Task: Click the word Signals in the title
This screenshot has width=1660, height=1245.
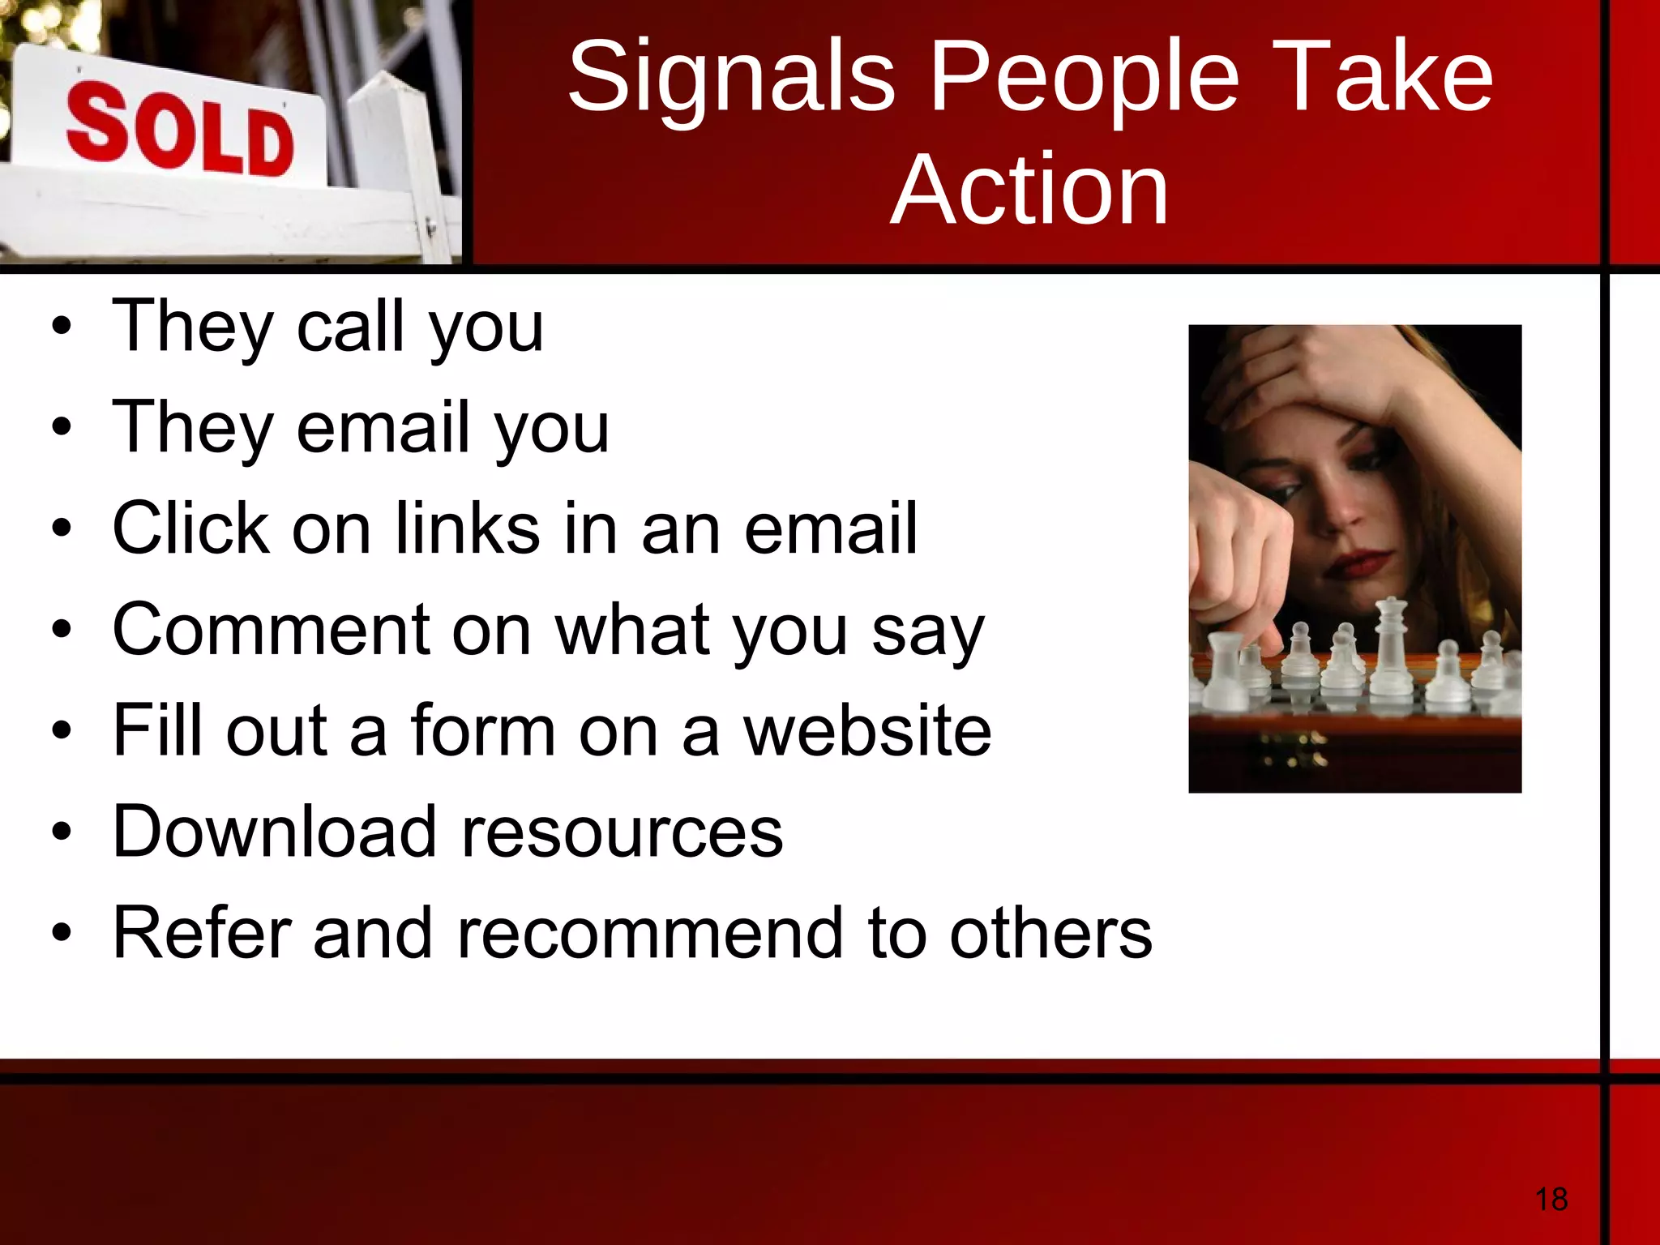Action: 731,78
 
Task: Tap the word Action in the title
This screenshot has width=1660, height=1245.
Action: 1029,190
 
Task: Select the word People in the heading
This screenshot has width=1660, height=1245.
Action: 1084,78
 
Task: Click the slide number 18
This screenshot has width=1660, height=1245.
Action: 1551,1199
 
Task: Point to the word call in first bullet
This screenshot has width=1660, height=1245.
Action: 350,326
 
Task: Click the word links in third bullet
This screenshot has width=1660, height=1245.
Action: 468,528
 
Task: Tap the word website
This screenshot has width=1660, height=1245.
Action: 867,731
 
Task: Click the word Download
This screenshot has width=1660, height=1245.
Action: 274,832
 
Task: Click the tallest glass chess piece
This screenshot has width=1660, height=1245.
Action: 1391,648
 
